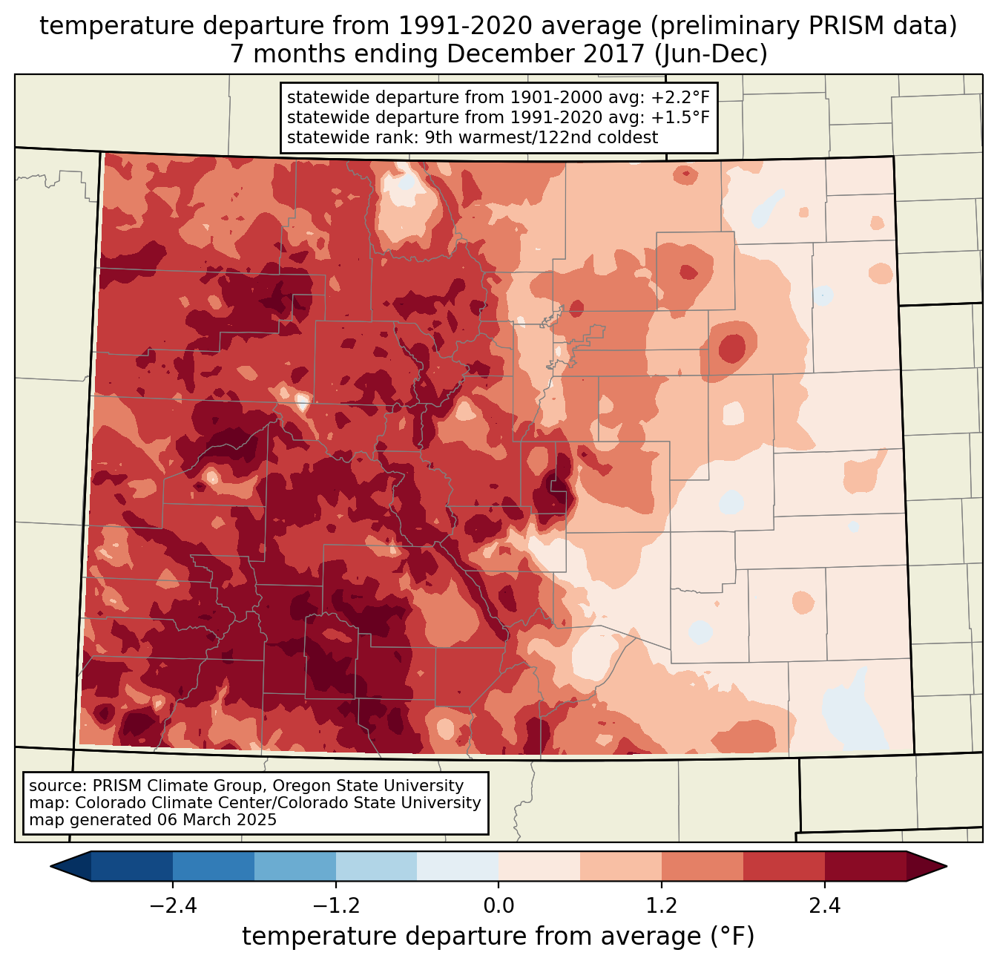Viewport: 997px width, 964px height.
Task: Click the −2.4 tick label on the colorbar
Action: coord(173,906)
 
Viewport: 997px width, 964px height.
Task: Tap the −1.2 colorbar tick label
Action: coord(336,906)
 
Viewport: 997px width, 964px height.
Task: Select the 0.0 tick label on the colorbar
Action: coord(498,906)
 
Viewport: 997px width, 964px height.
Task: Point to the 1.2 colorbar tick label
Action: coord(662,906)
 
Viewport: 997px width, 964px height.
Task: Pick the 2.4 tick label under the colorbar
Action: coord(825,906)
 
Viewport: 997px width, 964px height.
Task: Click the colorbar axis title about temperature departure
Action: coord(498,937)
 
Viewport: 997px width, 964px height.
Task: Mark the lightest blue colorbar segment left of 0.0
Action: coord(458,866)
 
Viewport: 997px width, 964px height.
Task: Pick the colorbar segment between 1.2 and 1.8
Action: coord(702,866)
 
